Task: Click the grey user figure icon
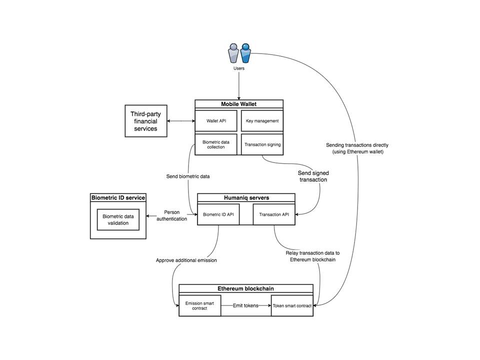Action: pyautogui.click(x=233, y=53)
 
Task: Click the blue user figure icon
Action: pyautogui.click(x=245, y=53)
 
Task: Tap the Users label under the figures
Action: pyautogui.click(x=239, y=68)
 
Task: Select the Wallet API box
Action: pyautogui.click(x=216, y=121)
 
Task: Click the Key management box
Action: pyautogui.click(x=262, y=121)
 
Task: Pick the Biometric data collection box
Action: pyautogui.click(x=216, y=144)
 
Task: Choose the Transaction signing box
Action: pyautogui.click(x=262, y=144)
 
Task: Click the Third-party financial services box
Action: pyautogui.click(x=146, y=121)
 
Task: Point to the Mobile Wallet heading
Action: pyautogui.click(x=239, y=104)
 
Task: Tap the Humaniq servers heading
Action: pyautogui.click(x=246, y=198)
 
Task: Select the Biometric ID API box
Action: pyautogui.click(x=218, y=214)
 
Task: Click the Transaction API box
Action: pyautogui.click(x=274, y=214)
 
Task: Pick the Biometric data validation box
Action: pyautogui.click(x=118, y=220)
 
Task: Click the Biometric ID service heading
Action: pyautogui.click(x=118, y=198)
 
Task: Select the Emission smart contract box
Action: pyautogui.click(x=199, y=306)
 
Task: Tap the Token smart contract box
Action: pyautogui.click(x=292, y=306)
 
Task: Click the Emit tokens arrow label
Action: pyautogui.click(x=245, y=305)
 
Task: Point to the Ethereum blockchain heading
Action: pyautogui.click(x=246, y=288)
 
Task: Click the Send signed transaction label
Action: pyautogui.click(x=313, y=176)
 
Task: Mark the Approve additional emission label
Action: pyautogui.click(x=186, y=260)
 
